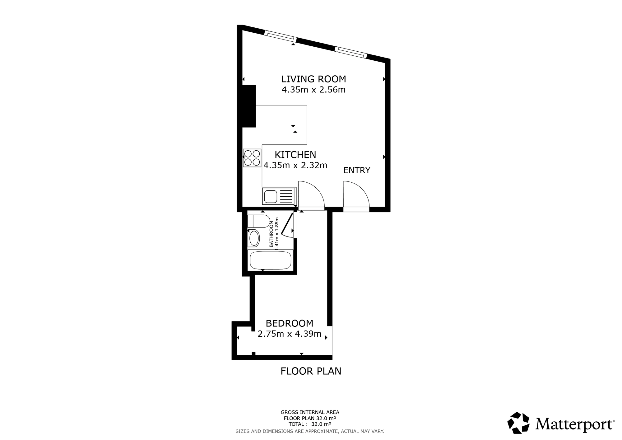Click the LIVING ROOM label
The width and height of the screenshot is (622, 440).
(313, 79)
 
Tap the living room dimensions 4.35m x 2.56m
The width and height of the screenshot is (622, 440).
(313, 90)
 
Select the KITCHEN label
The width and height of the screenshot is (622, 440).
(295, 155)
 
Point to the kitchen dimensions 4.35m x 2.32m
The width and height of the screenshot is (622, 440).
(295, 165)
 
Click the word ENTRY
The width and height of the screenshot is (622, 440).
(357, 170)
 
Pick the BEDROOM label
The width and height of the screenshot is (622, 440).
(289, 323)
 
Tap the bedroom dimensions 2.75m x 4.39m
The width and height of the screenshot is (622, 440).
(289, 334)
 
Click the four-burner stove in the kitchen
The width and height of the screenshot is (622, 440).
(252, 158)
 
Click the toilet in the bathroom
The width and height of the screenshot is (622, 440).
(259, 221)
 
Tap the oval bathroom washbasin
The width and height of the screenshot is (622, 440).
(254, 238)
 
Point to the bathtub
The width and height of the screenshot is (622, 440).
(271, 260)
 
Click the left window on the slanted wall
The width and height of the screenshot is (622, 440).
(280, 36)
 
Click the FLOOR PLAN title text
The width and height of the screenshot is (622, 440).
(311, 371)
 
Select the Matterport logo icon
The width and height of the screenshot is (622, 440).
(518, 423)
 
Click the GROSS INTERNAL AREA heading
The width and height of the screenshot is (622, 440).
(310, 413)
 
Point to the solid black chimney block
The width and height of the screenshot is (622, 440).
(249, 106)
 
